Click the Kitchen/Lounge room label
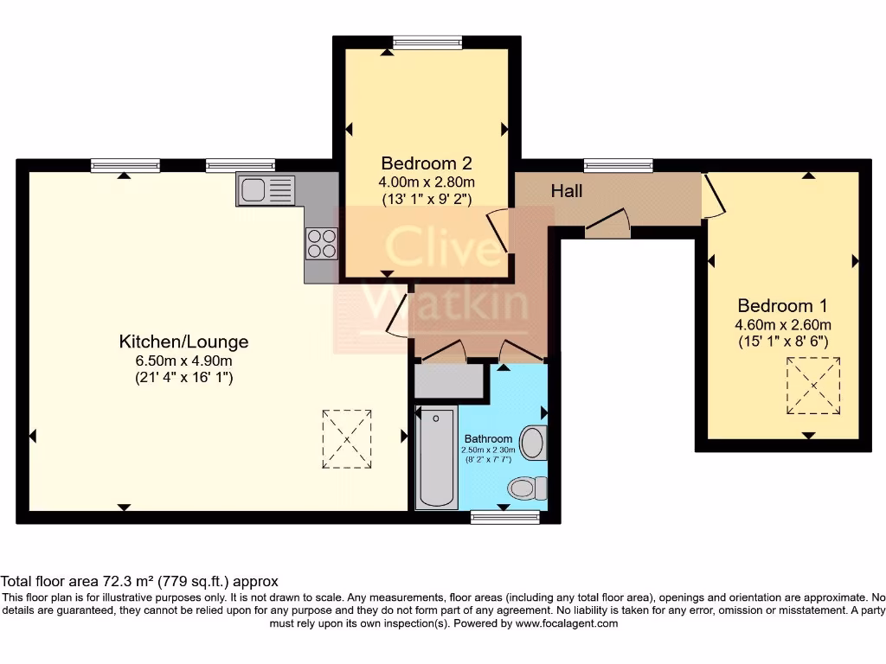pos(183,342)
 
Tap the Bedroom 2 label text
pos(427,163)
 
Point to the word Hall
pos(567,191)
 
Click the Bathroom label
pos(488,438)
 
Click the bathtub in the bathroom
pos(437,458)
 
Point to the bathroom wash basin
pos(533,444)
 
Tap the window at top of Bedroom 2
pos(427,41)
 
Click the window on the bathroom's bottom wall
pos(505,517)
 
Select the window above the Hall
pos(618,164)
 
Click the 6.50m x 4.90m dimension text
pos(183,361)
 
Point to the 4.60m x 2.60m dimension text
pos(782,324)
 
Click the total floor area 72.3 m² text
pos(139,581)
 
